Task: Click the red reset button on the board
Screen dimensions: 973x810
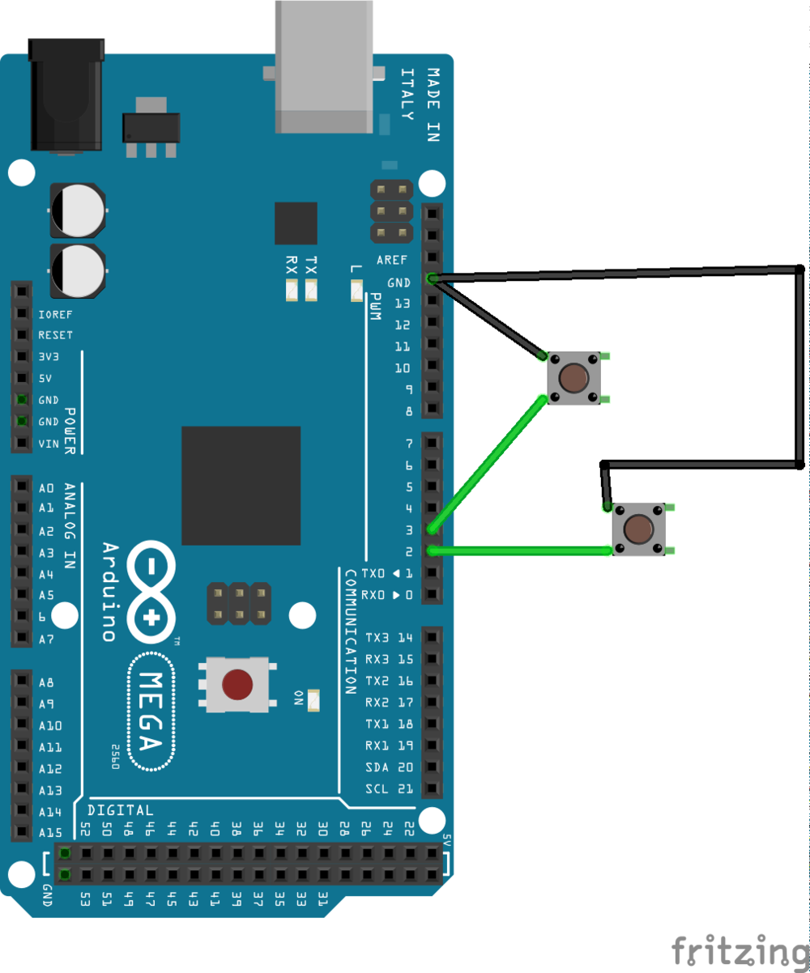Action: (237, 685)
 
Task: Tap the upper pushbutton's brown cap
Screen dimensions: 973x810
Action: (574, 377)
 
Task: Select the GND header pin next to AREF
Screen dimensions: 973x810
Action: (433, 279)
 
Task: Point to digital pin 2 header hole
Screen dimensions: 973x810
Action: (433, 551)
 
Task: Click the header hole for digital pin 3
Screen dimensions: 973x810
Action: (433, 529)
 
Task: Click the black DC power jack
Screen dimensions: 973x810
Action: (66, 96)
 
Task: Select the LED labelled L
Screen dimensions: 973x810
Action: (356, 289)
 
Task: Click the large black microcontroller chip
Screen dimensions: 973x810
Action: (241, 486)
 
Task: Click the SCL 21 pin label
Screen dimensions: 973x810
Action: (390, 788)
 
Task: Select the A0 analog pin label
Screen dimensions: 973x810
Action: (46, 487)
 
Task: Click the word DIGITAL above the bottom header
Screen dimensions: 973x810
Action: (120, 810)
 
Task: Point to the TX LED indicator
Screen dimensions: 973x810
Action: (311, 289)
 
